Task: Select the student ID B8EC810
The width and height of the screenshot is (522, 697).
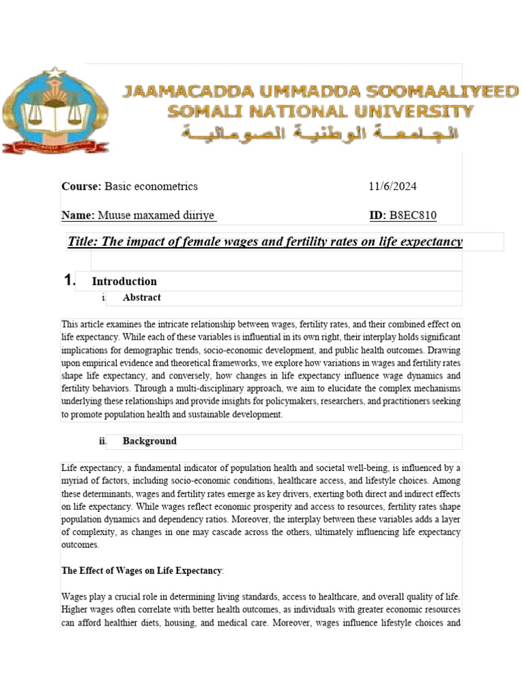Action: [x=413, y=216]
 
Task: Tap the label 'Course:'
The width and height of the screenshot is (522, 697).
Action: [x=82, y=186]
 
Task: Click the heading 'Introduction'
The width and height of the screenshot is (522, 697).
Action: [x=124, y=281]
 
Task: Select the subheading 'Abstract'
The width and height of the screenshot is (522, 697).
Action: [x=141, y=297]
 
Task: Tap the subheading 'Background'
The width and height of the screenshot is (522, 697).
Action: [x=150, y=441]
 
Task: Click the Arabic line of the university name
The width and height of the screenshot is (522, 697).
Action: [x=319, y=133]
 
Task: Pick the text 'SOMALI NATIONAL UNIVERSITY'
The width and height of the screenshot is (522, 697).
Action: [x=321, y=112]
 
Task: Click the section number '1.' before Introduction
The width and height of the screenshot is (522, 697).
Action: [x=69, y=280]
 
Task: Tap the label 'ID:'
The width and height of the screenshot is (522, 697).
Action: [x=377, y=216]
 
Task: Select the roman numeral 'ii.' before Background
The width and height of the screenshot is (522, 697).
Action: [x=103, y=441]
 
